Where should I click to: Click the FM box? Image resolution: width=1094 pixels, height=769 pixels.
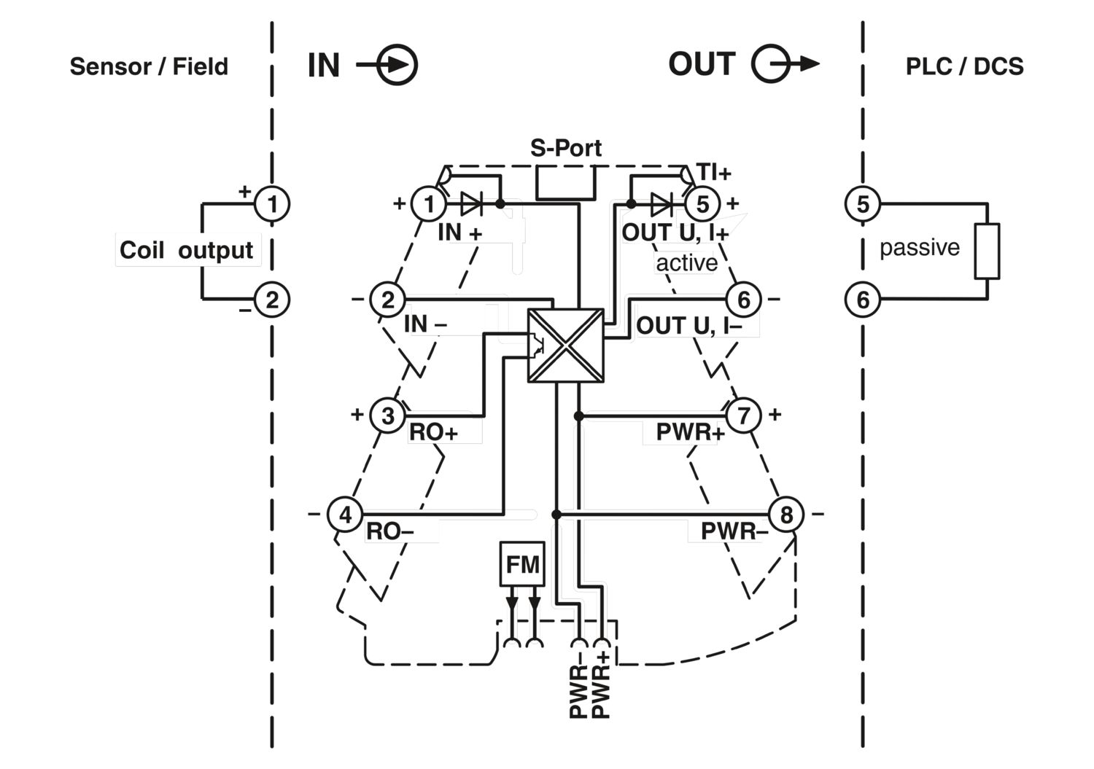click(x=522, y=564)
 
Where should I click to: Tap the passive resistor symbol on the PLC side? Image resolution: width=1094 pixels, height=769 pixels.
click(x=987, y=251)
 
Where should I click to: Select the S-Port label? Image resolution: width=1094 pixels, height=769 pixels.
click(x=566, y=148)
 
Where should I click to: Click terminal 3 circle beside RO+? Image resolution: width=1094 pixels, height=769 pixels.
click(x=388, y=415)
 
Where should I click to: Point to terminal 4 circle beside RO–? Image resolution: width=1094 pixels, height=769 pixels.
click(x=345, y=515)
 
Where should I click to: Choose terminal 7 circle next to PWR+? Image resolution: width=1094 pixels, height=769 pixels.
click(x=743, y=415)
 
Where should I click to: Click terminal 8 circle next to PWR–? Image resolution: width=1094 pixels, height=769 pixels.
click(x=785, y=515)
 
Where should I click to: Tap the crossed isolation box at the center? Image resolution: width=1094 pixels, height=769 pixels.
click(x=565, y=346)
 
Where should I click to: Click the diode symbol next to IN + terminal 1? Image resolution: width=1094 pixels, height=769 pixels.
click(x=471, y=203)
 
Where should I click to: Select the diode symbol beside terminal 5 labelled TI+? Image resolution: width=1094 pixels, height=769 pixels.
click(x=662, y=203)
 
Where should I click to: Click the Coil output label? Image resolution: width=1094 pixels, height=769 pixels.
click(x=187, y=250)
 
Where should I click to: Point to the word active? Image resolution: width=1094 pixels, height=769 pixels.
click(x=687, y=263)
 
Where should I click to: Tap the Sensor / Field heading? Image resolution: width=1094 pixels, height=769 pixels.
click(x=149, y=66)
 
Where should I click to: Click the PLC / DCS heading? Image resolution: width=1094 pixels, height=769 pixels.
click(x=965, y=66)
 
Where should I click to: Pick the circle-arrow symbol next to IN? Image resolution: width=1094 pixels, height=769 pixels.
click(x=387, y=65)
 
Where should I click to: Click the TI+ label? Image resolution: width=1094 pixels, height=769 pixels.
click(x=714, y=172)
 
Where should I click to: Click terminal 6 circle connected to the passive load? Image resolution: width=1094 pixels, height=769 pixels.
click(x=863, y=300)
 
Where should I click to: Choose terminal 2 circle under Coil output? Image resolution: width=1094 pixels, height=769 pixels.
click(x=272, y=300)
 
